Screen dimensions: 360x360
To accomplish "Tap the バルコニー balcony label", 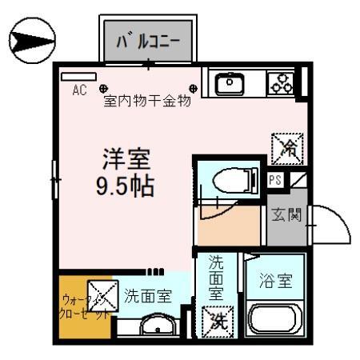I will (x=148, y=39).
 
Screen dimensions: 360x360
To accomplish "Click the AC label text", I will (x=79, y=90).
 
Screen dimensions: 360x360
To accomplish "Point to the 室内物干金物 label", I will (x=146, y=102).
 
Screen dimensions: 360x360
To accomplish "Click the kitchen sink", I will (x=230, y=82).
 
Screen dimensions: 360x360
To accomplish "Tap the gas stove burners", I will (x=281, y=82).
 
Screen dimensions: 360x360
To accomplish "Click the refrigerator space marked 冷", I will (x=287, y=146).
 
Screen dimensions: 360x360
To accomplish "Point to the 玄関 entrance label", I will (x=286, y=215).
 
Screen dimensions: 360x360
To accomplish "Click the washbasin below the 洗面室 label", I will (x=158, y=325).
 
